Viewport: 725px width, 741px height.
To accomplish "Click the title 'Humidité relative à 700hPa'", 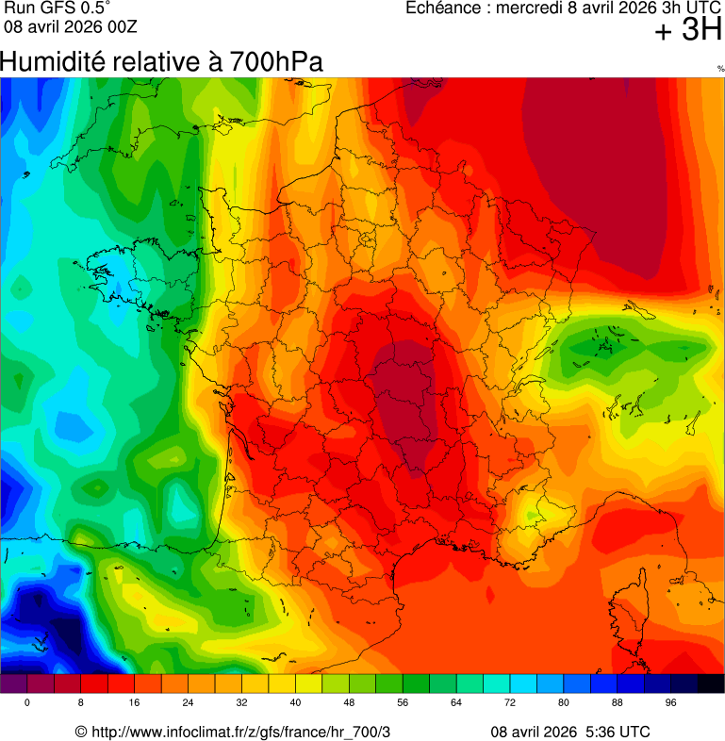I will [161, 62].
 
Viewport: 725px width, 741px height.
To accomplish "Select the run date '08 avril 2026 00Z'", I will [71, 25].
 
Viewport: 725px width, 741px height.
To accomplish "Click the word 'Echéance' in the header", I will [443, 8].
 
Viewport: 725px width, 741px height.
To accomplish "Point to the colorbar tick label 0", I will [26, 703].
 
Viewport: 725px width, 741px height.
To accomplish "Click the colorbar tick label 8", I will [80, 703].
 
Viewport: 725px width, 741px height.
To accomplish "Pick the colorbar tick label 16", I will [134, 703].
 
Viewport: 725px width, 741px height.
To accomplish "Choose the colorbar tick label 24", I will [188, 703].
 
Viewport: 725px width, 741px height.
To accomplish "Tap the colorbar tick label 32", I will [241, 703].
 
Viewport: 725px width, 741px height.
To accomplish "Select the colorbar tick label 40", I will [295, 703].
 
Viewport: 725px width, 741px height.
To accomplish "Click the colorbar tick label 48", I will [349, 703].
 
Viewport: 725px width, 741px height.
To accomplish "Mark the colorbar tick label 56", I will [403, 703].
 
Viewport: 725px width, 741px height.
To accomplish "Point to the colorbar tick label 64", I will [456, 703].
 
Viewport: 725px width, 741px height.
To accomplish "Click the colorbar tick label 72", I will [510, 703].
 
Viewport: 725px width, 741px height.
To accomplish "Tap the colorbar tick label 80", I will [564, 703].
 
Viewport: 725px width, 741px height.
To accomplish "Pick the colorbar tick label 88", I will [618, 703].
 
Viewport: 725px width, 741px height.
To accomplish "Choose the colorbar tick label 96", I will [671, 703].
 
